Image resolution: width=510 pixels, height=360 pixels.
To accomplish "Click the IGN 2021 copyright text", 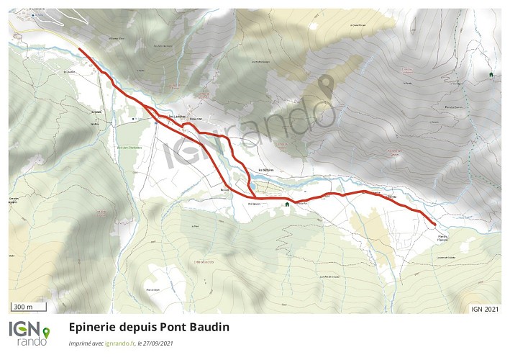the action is [x=485, y=310].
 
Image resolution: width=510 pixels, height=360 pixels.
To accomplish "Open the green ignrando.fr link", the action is [x=119, y=343].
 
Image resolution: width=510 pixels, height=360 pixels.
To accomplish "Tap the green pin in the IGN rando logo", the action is [x=47, y=333].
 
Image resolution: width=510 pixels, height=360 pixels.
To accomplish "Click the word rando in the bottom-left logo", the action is [x=32, y=341].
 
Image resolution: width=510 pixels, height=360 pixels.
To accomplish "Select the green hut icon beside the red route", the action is [x=287, y=204].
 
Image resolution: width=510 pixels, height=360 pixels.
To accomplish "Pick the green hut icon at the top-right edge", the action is [x=491, y=74].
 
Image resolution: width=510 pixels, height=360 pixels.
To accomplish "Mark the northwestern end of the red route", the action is [x=79, y=49].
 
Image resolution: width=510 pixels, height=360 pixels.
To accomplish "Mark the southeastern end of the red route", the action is [x=434, y=225].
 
